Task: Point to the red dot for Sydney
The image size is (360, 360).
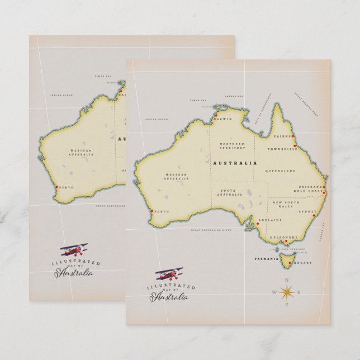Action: (316, 216)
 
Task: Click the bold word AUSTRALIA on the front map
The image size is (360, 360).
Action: (235, 163)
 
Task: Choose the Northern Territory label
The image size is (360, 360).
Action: (232, 146)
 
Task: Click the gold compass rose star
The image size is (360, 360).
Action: (287, 291)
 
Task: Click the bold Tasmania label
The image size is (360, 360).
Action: (265, 259)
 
